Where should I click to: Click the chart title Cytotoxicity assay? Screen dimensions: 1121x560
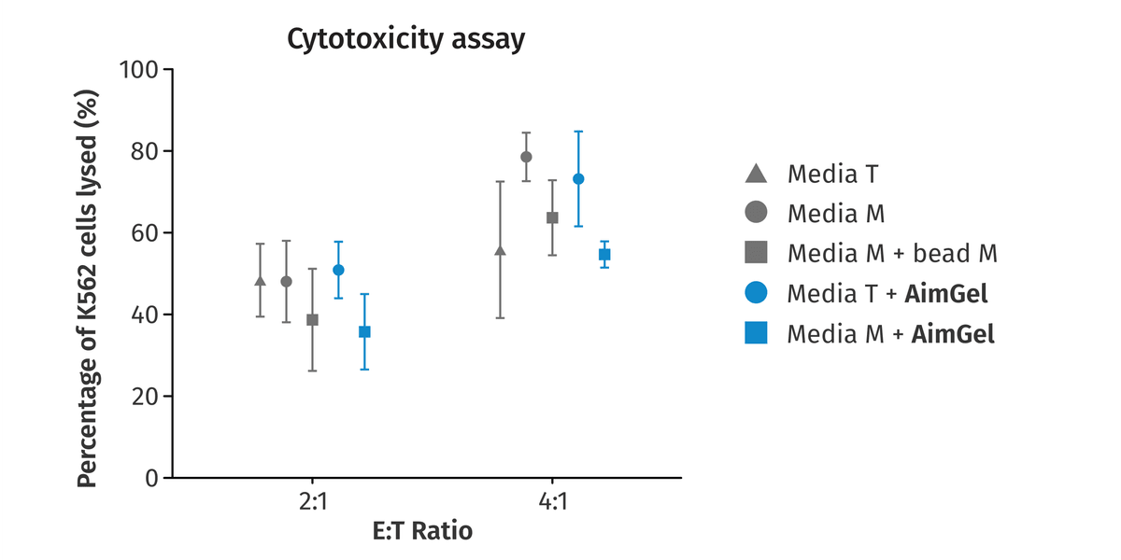405,39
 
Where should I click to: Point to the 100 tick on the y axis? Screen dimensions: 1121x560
138,69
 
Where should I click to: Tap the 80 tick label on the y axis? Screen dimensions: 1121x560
144,151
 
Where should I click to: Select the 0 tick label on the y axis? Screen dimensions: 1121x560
151,479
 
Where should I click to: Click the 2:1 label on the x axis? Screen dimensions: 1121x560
313,501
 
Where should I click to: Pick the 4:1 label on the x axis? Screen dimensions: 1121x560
552,501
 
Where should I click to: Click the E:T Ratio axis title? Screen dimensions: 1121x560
422,531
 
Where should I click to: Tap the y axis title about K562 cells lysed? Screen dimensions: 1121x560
87,288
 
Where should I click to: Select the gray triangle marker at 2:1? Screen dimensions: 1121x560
261,281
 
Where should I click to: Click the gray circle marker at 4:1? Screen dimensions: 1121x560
526,157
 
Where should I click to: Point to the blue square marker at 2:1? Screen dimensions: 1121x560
365,331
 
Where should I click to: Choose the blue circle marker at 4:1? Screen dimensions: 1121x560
578,179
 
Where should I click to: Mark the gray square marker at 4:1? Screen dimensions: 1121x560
552,218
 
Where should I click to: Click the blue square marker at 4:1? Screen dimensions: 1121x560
604,255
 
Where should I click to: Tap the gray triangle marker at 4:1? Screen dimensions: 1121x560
500,250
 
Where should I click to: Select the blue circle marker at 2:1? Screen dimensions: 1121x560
339,270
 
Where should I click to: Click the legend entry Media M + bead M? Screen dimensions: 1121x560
871,253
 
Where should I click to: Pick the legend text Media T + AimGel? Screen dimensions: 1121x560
887,293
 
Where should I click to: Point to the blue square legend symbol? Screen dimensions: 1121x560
756,333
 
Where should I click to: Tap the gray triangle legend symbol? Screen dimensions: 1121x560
756,174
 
